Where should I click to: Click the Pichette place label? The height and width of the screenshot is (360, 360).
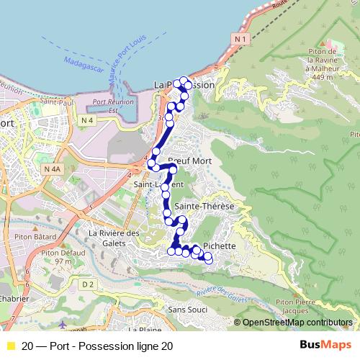219,246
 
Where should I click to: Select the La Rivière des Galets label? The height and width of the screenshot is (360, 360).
113,237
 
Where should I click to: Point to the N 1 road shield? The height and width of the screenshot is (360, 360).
241,37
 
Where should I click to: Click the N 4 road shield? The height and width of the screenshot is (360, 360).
88,119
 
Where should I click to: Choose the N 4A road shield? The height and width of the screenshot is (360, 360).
52,168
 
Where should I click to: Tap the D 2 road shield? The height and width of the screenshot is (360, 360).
88,284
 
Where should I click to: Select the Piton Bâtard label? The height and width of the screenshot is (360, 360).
29,235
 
